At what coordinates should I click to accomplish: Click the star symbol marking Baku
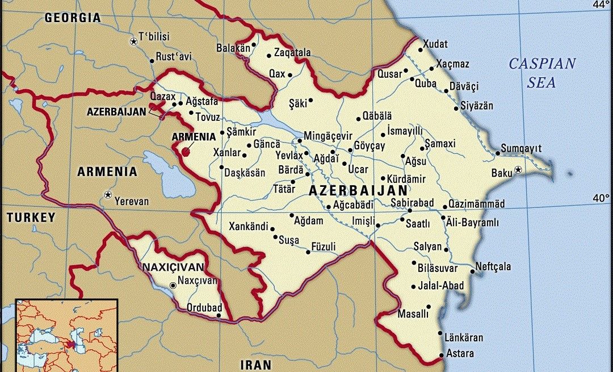click(518, 170)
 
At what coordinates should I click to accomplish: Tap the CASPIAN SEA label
click(541, 73)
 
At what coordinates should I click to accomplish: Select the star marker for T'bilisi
click(133, 41)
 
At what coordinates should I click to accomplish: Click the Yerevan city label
click(131, 201)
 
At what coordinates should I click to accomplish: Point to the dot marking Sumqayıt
click(497, 153)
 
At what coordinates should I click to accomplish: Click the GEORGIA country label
click(73, 18)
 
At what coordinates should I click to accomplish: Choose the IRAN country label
click(256, 364)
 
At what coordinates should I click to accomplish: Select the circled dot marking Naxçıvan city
click(173, 286)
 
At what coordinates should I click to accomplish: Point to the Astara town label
click(460, 353)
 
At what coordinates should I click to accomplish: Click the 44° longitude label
click(601, 5)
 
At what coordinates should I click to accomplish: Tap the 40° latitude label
click(601, 198)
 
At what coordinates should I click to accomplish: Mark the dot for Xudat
click(421, 50)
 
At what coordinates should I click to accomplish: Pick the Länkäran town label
click(464, 338)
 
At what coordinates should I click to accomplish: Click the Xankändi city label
click(248, 227)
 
